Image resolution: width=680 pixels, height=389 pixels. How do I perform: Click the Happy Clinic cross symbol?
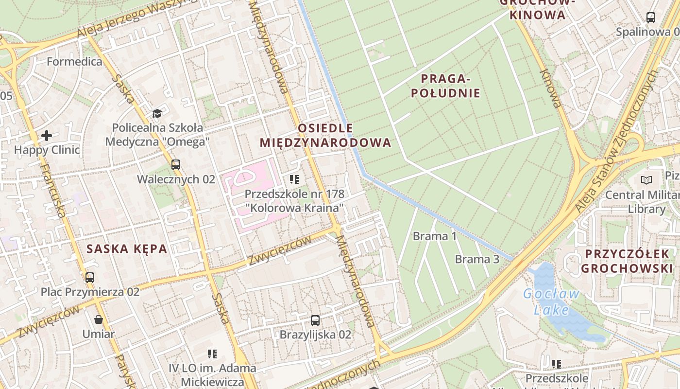pyautogui.click(x=47, y=135)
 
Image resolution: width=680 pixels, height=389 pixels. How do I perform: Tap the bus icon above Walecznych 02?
pyautogui.click(x=176, y=165)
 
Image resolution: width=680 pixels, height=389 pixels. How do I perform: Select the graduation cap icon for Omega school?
pyautogui.click(x=157, y=113)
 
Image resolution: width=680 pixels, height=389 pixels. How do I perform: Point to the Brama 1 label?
pyautogui.click(x=434, y=236)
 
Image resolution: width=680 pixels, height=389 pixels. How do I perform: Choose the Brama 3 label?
pyautogui.click(x=476, y=259)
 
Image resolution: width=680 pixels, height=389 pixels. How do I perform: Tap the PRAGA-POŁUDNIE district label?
pyautogui.click(x=445, y=86)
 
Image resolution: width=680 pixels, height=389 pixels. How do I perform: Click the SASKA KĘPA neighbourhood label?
pyautogui.click(x=127, y=249)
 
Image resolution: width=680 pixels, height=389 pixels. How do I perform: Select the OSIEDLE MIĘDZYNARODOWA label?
pyautogui.click(x=325, y=135)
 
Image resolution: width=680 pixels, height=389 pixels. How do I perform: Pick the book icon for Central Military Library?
pyautogui.click(x=646, y=180)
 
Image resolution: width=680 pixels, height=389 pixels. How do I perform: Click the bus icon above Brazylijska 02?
pyautogui.click(x=315, y=320)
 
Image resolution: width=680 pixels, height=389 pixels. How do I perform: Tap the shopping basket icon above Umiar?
pyautogui.click(x=99, y=319)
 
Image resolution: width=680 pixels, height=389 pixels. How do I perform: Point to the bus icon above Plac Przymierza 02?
pyautogui.click(x=90, y=278)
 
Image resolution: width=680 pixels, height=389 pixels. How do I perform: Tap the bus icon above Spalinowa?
pyautogui.click(x=651, y=18)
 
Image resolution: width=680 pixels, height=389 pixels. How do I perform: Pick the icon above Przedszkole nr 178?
pyautogui.click(x=294, y=179)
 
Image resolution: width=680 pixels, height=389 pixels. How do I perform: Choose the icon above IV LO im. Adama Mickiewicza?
pyautogui.click(x=212, y=354)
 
